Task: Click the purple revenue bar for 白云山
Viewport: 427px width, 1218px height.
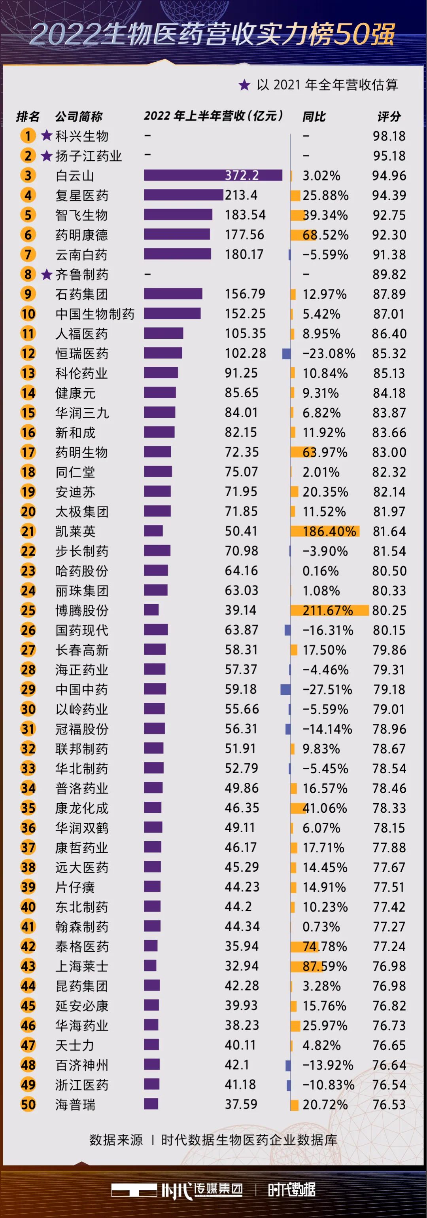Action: tap(213, 175)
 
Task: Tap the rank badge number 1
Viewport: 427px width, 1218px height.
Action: tap(28, 136)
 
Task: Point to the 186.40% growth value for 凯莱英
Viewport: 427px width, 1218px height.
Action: tap(329, 531)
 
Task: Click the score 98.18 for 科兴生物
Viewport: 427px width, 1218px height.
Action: tap(389, 136)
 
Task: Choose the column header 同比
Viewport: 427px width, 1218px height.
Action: tap(314, 116)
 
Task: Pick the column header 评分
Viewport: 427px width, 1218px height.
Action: tap(389, 116)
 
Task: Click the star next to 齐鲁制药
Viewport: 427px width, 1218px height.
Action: tap(46, 274)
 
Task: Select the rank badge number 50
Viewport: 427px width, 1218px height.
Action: tap(28, 1105)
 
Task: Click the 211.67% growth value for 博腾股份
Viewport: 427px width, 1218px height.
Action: tap(327, 611)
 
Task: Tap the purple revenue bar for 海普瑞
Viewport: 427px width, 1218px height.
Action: tap(151, 1104)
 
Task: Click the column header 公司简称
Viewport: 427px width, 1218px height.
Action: tap(78, 116)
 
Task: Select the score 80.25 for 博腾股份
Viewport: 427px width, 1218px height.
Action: tap(389, 611)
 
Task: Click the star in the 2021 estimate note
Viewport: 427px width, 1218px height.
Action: tap(244, 85)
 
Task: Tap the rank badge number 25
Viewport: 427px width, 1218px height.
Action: tap(28, 611)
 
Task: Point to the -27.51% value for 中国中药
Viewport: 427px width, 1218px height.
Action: tap(327, 689)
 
